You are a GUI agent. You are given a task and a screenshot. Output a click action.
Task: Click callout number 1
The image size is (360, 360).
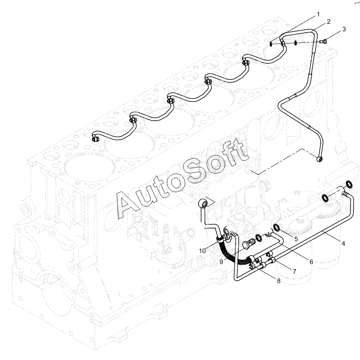pos(318,15)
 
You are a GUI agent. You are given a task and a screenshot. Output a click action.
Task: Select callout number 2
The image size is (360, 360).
pos(328,22)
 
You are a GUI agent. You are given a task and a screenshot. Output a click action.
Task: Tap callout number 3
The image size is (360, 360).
pos(344,29)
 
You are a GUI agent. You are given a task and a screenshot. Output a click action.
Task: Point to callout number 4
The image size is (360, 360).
pos(343,243)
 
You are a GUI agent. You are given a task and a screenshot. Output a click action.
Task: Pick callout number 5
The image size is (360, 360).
pos(296,239)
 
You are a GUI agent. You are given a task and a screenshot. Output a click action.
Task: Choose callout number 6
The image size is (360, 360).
pos(311,262)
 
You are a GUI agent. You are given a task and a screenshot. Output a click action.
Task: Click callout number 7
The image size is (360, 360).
pos(294,272)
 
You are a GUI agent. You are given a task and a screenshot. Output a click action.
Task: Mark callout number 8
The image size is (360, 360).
pos(278,281)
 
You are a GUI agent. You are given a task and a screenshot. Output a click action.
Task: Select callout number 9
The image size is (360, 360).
pos(221,262)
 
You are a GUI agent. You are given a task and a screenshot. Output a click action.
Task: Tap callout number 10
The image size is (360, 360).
pos(202,251)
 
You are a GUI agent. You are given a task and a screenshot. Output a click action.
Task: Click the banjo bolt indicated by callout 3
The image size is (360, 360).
pos(323,41)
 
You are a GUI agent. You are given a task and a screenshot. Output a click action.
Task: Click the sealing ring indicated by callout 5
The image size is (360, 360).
pos(277,228)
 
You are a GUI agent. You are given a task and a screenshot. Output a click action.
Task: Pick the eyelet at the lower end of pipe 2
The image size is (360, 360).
pos(319,158)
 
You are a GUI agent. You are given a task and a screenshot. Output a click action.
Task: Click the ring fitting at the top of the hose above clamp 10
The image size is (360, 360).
pos(203,203)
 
